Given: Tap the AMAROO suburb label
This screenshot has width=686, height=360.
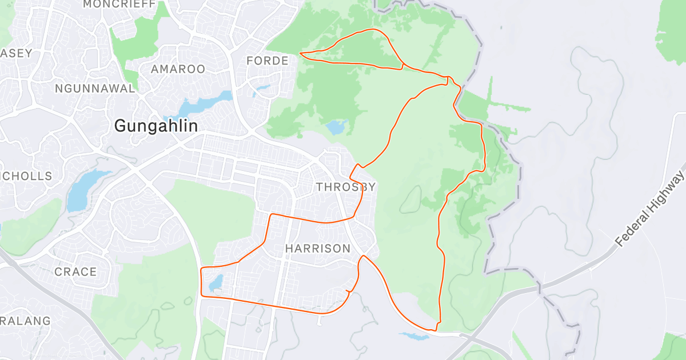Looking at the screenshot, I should [x=178, y=69].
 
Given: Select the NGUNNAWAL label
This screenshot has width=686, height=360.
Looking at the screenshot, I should [x=95, y=89].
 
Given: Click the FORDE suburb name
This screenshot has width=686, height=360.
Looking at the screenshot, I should [x=268, y=61].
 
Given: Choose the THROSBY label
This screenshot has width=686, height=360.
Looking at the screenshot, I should [x=346, y=187].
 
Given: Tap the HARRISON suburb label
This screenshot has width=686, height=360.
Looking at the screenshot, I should [x=317, y=249].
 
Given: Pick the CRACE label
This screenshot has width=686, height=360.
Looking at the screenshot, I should [x=75, y=272].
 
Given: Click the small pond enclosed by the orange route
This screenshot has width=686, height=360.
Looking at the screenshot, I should [x=216, y=283].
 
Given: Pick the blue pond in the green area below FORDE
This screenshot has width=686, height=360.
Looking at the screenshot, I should [x=336, y=126].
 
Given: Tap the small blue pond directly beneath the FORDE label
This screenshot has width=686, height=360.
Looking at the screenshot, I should [x=263, y=88].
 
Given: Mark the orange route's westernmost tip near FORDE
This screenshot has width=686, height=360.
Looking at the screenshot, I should [x=301, y=54].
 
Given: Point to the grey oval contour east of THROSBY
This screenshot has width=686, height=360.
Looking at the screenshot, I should [x=410, y=199].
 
